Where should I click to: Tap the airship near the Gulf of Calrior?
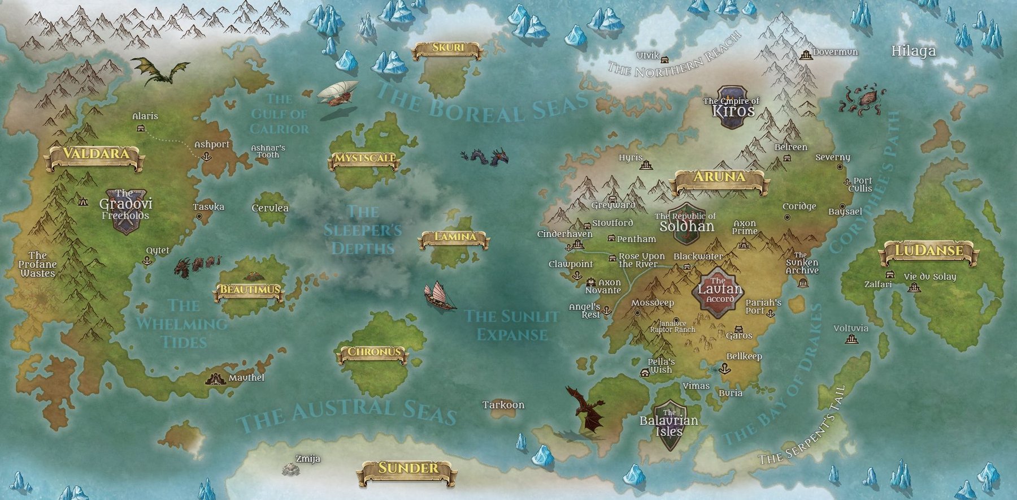coord(338,93)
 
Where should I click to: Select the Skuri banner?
coord(447,49)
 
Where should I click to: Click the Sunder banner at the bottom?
coord(407,469)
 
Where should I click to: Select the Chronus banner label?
coord(374,353)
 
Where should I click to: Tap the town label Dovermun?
coord(835,52)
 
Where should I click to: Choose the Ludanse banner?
coord(928,251)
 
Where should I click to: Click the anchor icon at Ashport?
coord(206,156)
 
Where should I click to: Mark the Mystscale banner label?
coord(364,159)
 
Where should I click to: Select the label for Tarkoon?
coord(503,405)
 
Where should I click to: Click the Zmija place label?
coord(308,459)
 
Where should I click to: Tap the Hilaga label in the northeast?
coord(913,51)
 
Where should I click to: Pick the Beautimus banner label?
coord(249,290)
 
